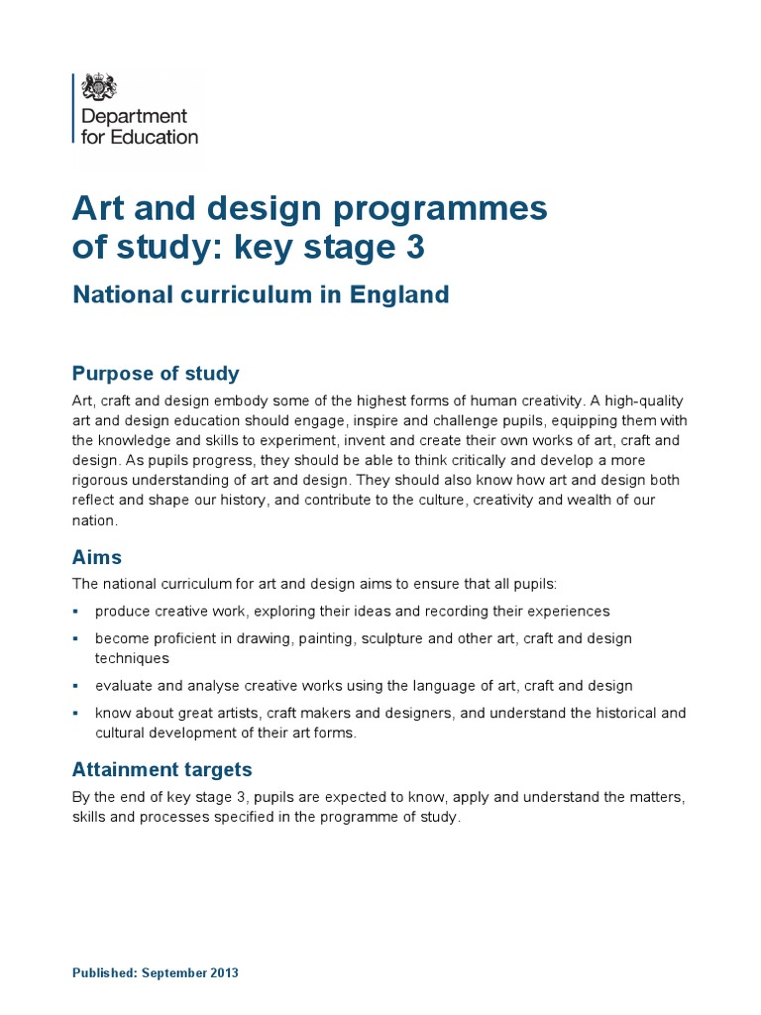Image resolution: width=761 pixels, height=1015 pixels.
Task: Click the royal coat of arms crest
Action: pyautogui.click(x=97, y=87)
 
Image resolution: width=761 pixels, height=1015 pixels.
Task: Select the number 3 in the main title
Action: pyautogui.click(x=414, y=247)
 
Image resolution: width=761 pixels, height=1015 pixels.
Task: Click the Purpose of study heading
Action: pyautogui.click(x=156, y=374)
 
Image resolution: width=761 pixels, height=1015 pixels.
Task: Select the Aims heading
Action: pyautogui.click(x=97, y=557)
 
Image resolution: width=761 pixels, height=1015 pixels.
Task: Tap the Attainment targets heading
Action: pyautogui.click(x=163, y=769)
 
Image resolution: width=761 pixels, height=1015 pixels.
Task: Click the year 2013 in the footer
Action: pyautogui.click(x=222, y=973)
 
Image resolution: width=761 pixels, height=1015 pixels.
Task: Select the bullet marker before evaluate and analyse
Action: pyautogui.click(x=76, y=686)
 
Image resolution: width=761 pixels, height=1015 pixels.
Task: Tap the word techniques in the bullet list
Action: pyautogui.click(x=132, y=658)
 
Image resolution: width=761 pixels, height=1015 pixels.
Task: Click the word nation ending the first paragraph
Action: pyautogui.click(x=94, y=520)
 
